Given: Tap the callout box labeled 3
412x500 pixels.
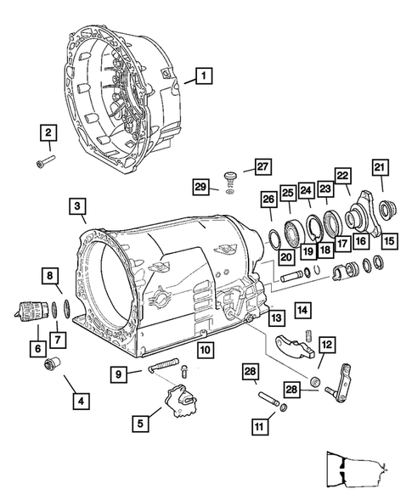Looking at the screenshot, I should point(77,206).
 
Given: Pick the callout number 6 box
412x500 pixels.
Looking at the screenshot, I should point(37,348).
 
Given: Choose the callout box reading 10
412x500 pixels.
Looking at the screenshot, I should point(205,349).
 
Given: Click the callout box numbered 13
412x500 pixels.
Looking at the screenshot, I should point(277,317).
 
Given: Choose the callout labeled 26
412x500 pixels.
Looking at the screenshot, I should point(268,200).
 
